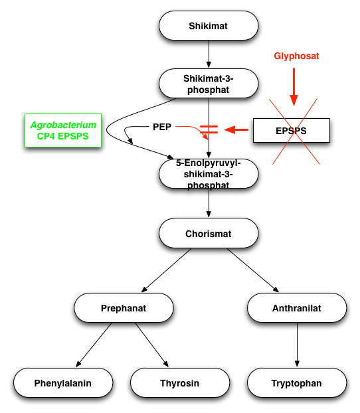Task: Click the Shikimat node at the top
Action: pos(209,25)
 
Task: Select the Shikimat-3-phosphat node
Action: pos(209,84)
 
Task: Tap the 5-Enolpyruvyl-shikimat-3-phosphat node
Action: pos(209,174)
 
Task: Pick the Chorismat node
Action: pos(209,233)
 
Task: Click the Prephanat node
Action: pos(124,307)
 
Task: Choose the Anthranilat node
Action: pos(297,307)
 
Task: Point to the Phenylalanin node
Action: pos(63,382)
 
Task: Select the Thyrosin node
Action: pos(180,382)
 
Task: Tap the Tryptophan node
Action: pos(297,382)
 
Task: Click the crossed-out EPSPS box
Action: pos(291,131)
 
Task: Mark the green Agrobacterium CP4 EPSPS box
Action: pos(63,130)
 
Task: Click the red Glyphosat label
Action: pos(296,56)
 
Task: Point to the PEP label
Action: pos(162,127)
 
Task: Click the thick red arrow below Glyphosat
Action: pos(294,87)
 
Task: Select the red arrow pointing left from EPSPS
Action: pos(236,129)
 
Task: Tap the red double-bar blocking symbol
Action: pos(209,129)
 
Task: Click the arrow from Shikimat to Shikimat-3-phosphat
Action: pos(209,54)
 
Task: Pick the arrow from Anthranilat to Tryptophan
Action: pos(297,345)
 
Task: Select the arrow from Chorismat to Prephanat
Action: pos(166,270)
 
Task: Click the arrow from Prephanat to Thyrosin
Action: pos(152,345)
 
